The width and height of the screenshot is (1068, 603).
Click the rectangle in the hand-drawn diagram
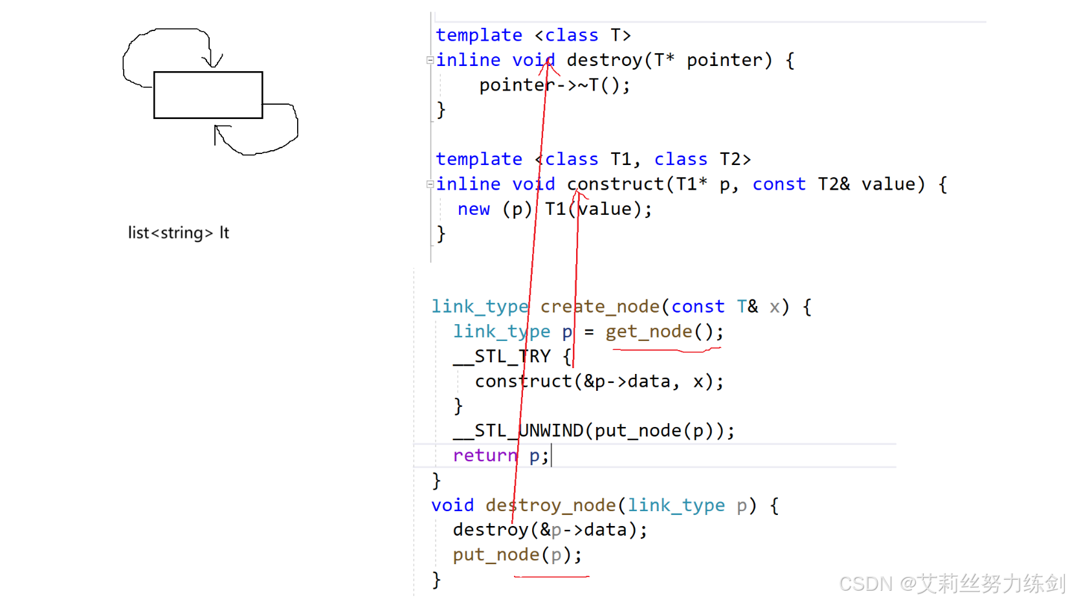pos(208,95)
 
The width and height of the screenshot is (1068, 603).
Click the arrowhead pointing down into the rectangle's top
pos(212,62)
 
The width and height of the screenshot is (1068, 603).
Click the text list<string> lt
pos(178,233)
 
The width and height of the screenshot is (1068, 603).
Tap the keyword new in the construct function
pos(473,209)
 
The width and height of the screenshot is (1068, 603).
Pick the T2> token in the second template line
pos(735,159)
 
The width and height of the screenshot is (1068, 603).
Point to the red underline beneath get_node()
pos(667,350)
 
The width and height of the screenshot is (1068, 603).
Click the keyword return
pos(485,455)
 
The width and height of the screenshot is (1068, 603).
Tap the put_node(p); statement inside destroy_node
pos(517,555)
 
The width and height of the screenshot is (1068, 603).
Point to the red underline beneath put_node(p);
pos(551,576)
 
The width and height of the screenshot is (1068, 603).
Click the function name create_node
pos(599,307)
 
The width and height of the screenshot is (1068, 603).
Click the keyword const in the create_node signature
pos(697,307)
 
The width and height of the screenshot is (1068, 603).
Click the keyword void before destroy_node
pos(452,505)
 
